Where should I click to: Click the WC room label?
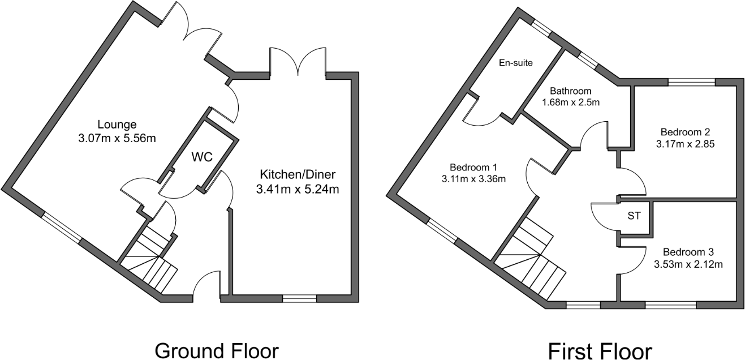coord(201,157)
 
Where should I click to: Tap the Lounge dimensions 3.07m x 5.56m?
coord(117,138)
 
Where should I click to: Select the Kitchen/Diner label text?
coord(298,174)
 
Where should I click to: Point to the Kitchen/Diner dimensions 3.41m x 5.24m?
coord(298,189)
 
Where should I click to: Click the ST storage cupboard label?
coord(634,216)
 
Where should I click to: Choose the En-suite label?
coord(515,62)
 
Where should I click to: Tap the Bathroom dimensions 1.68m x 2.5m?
coord(571,102)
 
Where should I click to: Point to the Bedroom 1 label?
coord(473,167)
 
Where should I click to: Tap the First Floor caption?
coord(600,350)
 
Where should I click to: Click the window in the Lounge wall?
coord(62,228)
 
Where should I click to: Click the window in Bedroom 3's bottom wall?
coord(670,305)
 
